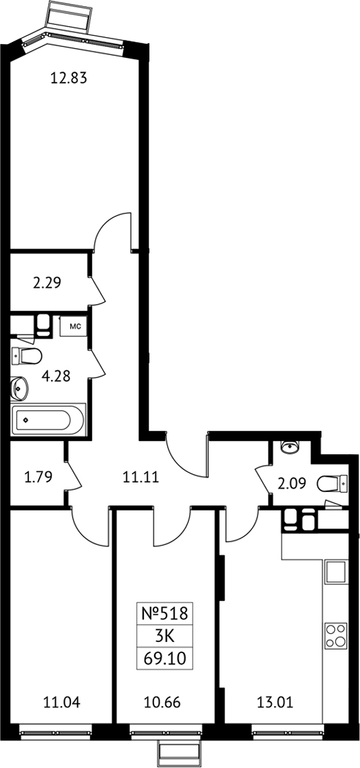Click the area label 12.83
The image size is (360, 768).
pyautogui.click(x=69, y=78)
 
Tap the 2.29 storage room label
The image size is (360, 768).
pyautogui.click(x=47, y=283)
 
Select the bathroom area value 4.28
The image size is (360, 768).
pyautogui.click(x=56, y=376)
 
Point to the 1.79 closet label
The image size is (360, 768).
pyautogui.click(x=38, y=476)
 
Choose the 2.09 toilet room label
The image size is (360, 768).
pyautogui.click(x=291, y=484)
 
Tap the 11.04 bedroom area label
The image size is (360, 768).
pyautogui.click(x=62, y=703)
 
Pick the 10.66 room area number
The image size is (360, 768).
pyautogui.click(x=162, y=703)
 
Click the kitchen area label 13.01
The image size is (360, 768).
pyautogui.click(x=275, y=703)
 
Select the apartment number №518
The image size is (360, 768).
pyautogui.click(x=165, y=614)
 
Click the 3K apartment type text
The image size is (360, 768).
pyautogui.click(x=165, y=637)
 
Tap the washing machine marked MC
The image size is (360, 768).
pyautogui.click(x=74, y=326)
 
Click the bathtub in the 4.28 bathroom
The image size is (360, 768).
pyautogui.click(x=48, y=419)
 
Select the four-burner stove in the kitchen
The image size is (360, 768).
pyautogui.click(x=335, y=635)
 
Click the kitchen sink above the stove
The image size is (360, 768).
pyautogui.click(x=336, y=572)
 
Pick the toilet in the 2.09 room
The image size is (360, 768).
pyautogui.click(x=332, y=484)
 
